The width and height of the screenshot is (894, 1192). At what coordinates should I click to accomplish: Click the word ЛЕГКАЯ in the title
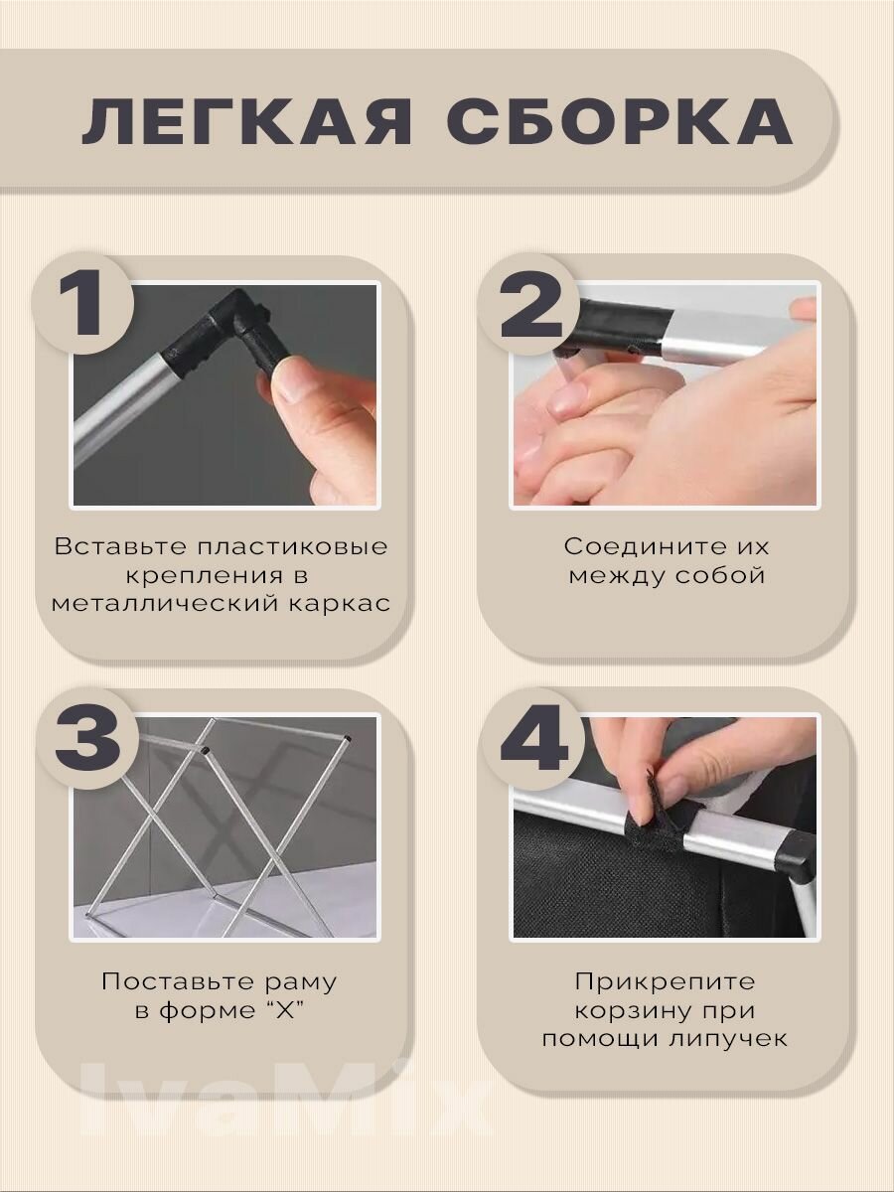(x=246, y=122)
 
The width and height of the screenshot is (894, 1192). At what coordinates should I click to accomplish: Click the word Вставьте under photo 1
(x=121, y=546)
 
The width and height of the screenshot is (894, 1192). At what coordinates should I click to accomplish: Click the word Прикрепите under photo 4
(x=665, y=981)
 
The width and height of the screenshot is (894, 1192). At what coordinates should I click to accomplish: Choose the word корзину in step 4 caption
(x=630, y=1011)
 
